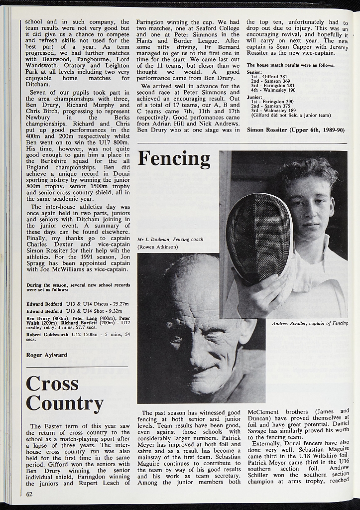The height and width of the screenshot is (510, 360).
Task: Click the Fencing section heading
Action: point(174,159)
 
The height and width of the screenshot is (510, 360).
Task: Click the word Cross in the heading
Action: point(52,383)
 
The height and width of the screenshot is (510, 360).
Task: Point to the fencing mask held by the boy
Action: point(259,237)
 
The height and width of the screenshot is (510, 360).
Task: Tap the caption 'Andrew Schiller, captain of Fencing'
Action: point(310,324)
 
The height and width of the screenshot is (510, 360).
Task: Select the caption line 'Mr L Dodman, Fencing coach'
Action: point(170,240)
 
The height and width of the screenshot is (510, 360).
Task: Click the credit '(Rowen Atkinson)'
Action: point(157,247)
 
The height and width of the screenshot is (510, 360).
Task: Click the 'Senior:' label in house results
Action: point(254,72)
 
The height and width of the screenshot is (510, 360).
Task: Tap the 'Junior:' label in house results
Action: point(254,97)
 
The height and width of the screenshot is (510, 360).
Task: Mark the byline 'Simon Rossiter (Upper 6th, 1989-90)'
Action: point(295,129)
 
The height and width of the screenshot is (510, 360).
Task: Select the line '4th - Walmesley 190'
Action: point(273,90)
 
